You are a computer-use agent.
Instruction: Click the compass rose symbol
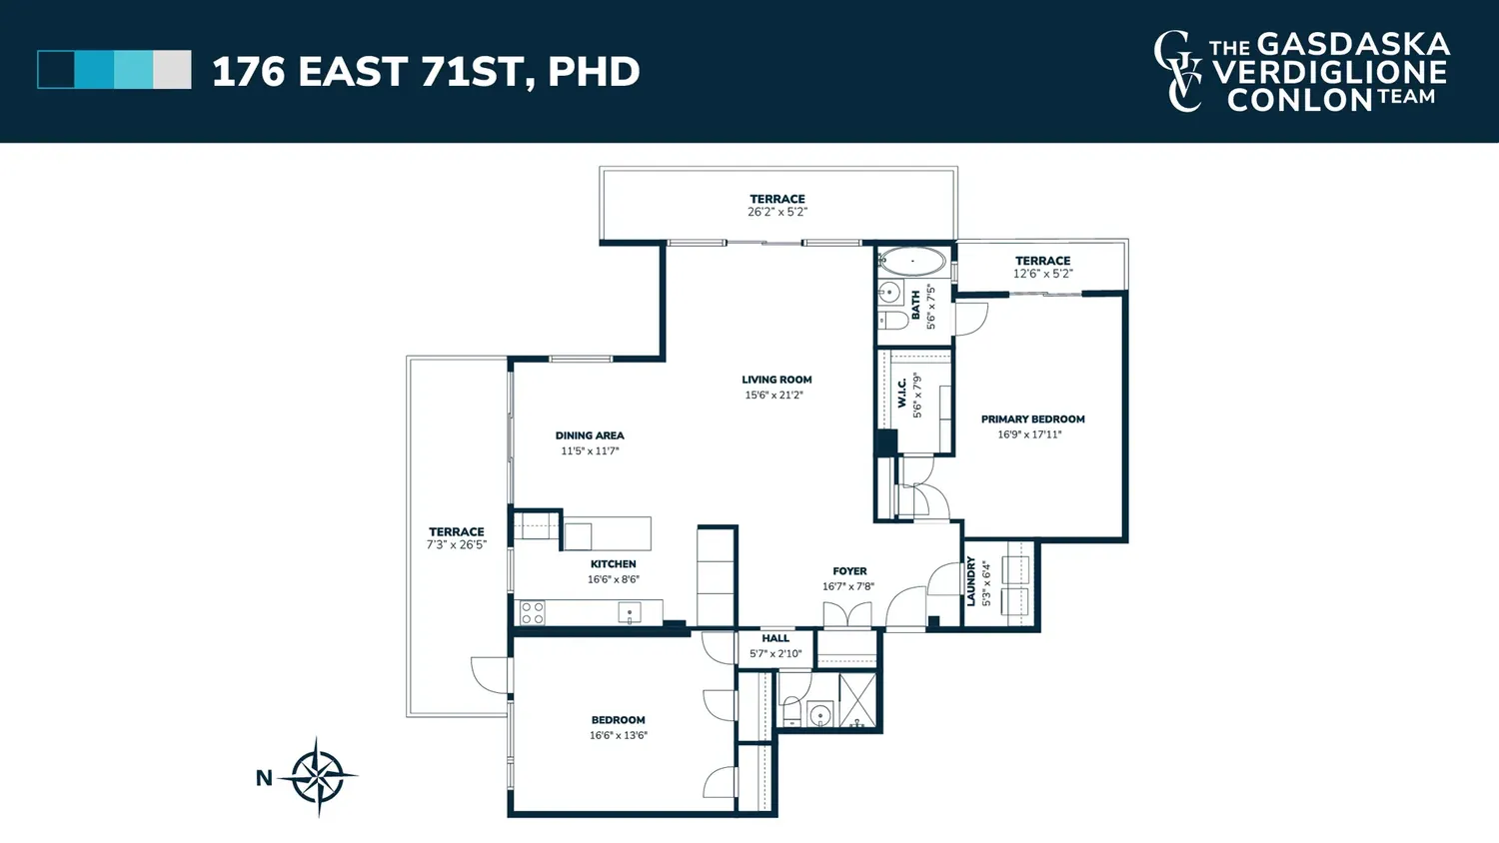coord(319,777)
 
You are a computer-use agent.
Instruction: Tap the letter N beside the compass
coord(265,778)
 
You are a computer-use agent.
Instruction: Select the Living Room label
coord(776,380)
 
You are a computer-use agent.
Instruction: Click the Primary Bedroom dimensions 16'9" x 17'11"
coord(1029,434)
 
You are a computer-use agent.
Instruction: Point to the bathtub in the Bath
coord(912,261)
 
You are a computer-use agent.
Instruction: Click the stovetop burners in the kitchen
coord(533,613)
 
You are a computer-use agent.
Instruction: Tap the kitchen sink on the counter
coord(629,612)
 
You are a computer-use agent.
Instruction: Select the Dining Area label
coord(590,435)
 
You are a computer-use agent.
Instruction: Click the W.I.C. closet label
coord(902,393)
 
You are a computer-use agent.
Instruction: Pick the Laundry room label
coord(971,581)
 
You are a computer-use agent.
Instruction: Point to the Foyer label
coord(849,571)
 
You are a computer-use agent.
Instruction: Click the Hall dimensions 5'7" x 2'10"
coord(775,653)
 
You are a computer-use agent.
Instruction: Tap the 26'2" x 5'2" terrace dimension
coord(777,212)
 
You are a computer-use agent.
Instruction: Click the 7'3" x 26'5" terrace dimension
coord(457,544)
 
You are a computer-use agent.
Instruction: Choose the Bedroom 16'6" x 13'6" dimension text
coord(619,735)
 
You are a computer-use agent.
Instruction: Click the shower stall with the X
coord(857,700)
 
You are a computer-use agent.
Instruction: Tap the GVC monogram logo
coord(1178,71)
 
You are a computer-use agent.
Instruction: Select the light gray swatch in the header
coord(172,70)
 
